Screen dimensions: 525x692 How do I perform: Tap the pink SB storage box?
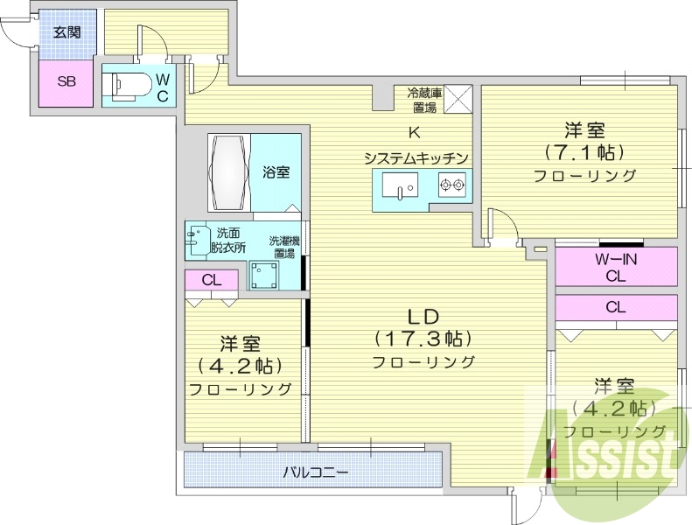[66, 82]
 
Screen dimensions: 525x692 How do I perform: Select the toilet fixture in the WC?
[122, 85]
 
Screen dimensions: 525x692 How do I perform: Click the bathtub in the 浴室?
[230, 172]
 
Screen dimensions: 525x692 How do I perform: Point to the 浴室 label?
[276, 171]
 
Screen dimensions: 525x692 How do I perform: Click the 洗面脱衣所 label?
[228, 240]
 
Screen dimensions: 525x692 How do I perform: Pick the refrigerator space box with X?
[458, 98]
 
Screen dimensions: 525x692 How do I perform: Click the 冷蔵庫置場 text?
[424, 98]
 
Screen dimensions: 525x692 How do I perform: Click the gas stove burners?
[452, 185]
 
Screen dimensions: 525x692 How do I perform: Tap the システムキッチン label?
[416, 157]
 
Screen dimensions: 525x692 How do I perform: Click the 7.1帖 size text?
[585, 152]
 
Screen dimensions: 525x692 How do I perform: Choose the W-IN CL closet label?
[616, 266]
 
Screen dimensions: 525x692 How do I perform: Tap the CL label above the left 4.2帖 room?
[211, 280]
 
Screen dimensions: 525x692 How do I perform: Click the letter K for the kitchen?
[416, 133]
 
